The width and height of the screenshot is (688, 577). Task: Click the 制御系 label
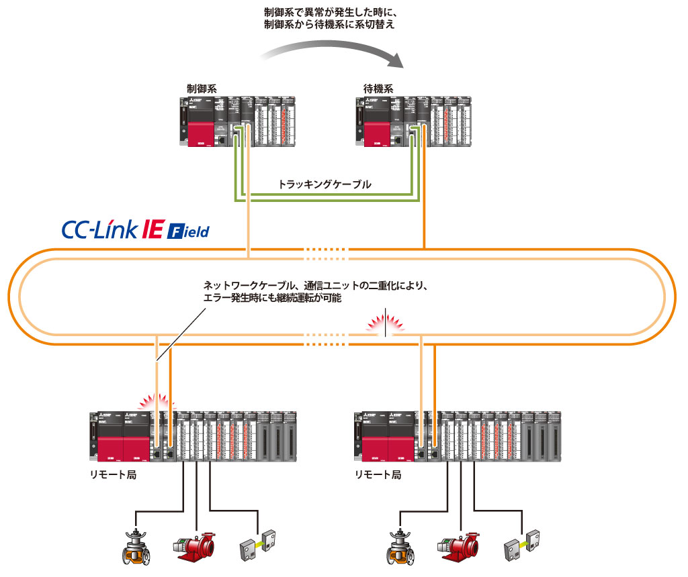coord(202,88)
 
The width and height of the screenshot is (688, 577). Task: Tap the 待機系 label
coord(378,88)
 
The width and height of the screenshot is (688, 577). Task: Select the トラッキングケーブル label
coord(325,183)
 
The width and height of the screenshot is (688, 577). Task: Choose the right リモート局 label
coord(378,474)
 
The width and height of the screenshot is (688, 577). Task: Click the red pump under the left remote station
coord(195,547)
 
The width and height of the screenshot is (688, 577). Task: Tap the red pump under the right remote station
coord(459,547)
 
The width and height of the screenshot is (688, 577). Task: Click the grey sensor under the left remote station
coord(258,547)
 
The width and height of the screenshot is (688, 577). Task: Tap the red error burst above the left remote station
coord(156,401)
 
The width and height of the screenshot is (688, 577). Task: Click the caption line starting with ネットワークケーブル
coord(315,285)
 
